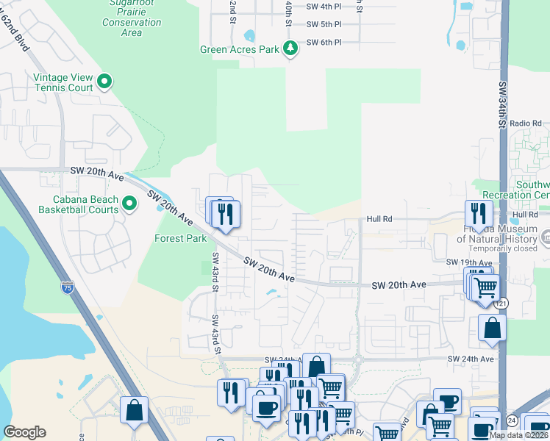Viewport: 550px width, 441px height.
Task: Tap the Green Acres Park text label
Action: tap(240, 50)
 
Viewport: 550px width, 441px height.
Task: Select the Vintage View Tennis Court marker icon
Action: tap(104, 81)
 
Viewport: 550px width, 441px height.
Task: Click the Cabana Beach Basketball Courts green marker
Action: tap(130, 203)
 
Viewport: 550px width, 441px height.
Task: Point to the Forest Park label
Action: tap(180, 238)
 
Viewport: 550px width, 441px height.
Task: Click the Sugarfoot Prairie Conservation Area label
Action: tap(132, 22)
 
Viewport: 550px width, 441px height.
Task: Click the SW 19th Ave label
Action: tap(468, 262)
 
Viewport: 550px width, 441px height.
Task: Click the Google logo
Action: tap(24, 432)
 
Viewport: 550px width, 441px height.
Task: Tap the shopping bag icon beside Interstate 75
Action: tap(134, 410)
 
